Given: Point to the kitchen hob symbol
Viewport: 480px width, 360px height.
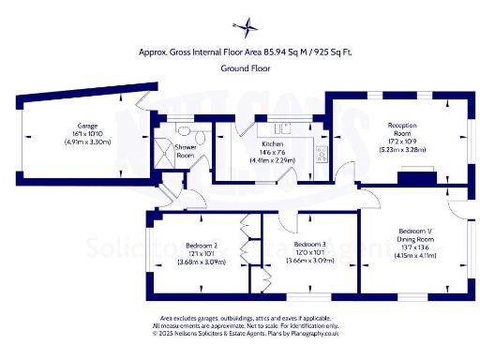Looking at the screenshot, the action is click(321, 153).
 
